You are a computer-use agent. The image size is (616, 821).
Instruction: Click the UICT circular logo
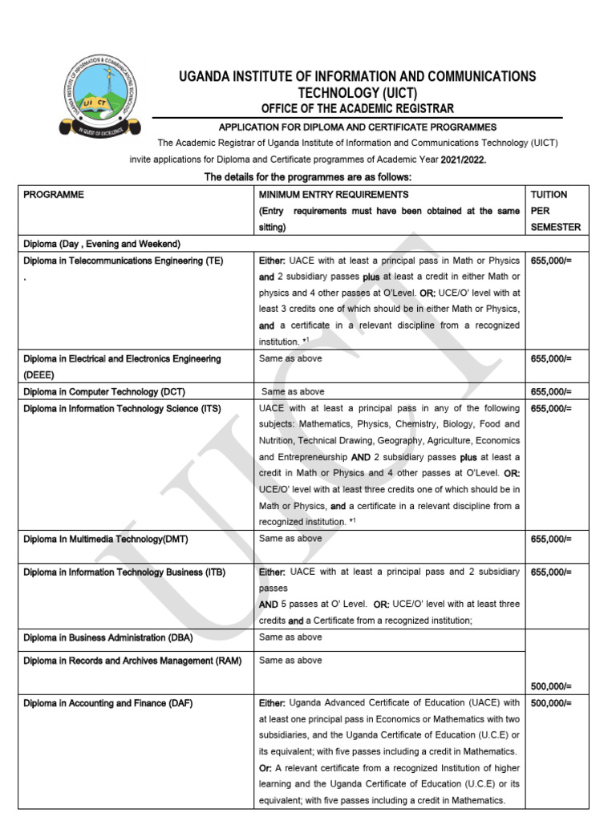pos(100,95)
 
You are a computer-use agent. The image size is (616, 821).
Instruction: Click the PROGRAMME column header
pos(54,195)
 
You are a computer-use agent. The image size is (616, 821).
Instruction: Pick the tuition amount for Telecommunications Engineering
pos(551,261)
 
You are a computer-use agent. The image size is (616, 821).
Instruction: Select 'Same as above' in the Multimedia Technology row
pos(290,539)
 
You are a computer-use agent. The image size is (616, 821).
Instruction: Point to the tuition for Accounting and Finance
pos(551,703)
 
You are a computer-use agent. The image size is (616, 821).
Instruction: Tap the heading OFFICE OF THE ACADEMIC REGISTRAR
pos(357,108)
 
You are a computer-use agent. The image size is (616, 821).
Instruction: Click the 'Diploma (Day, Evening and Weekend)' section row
pos(102,244)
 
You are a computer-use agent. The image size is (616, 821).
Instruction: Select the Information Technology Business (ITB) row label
pos(124,572)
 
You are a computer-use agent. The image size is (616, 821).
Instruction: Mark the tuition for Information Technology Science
pos(551,408)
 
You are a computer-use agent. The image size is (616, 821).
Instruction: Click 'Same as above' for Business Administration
pos(290,637)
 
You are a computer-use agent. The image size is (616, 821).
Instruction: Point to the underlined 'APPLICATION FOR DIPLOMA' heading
pos(358,127)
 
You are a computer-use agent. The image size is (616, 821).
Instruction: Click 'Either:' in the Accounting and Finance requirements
pos(272,703)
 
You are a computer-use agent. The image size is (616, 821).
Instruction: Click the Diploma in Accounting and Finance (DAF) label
pos(107,703)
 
